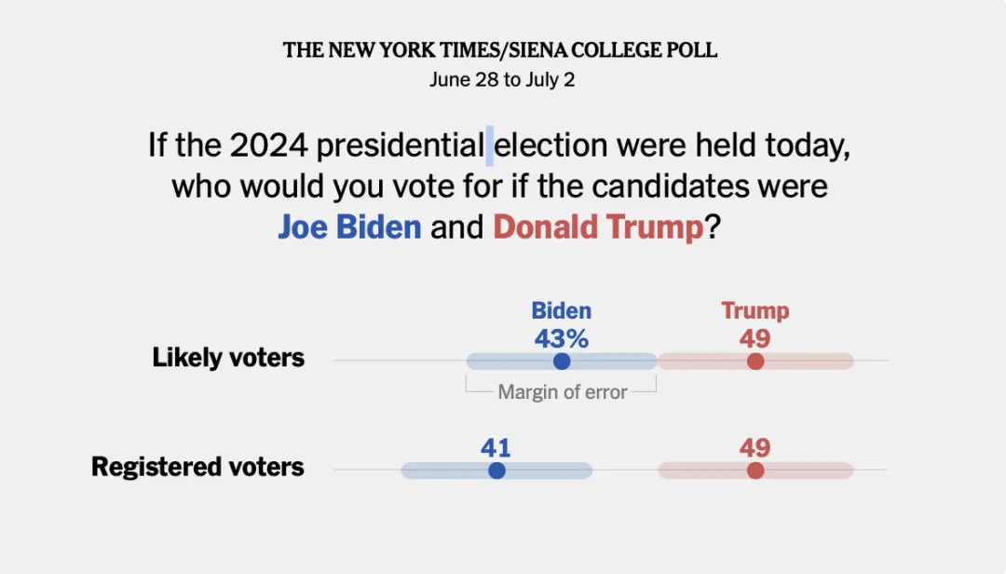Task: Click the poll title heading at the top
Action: (x=501, y=50)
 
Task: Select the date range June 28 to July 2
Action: (x=502, y=80)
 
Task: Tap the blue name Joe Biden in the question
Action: (x=349, y=226)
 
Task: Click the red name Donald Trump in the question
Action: (x=598, y=226)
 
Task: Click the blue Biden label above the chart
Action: (x=561, y=310)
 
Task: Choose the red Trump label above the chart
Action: (x=755, y=310)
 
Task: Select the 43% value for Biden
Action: (x=561, y=338)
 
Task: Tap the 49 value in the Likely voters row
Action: (x=755, y=338)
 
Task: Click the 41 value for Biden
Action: (x=496, y=448)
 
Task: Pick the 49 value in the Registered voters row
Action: (x=755, y=448)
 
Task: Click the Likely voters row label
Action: (x=228, y=358)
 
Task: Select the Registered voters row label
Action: (x=197, y=467)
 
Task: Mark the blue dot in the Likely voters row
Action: (x=561, y=362)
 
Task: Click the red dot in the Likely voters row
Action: (x=755, y=362)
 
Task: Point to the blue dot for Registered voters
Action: (x=496, y=471)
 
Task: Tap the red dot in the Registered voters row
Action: (x=755, y=471)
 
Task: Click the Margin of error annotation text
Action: (x=563, y=392)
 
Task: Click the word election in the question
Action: (x=551, y=146)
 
